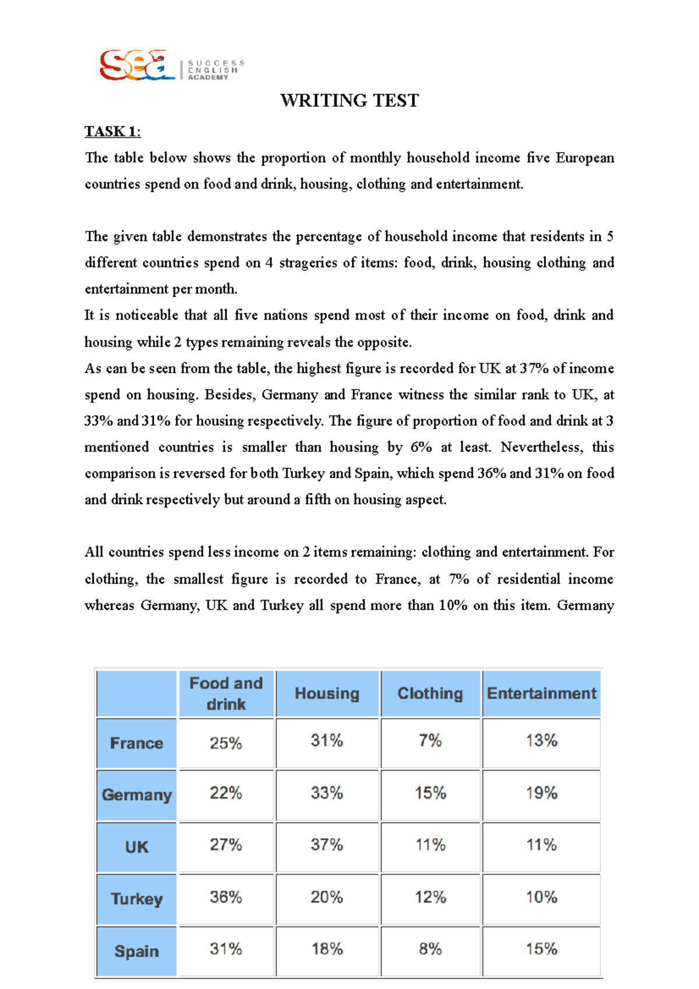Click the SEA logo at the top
pyautogui.click(x=137, y=65)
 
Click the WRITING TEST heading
pyautogui.click(x=349, y=100)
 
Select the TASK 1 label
pyautogui.click(x=112, y=132)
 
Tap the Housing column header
pyautogui.click(x=327, y=693)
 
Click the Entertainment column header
pyautogui.click(x=541, y=693)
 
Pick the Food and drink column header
pyautogui.click(x=226, y=693)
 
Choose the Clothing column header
pyautogui.click(x=430, y=693)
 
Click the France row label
pyautogui.click(x=136, y=743)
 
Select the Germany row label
pyautogui.click(x=136, y=795)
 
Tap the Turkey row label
pyautogui.click(x=136, y=899)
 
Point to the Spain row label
pyautogui.click(x=136, y=951)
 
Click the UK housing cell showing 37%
pyautogui.click(x=327, y=845)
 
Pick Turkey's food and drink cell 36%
pyautogui.click(x=226, y=897)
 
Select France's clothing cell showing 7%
pyautogui.click(x=430, y=741)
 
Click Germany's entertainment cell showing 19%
pyautogui.click(x=541, y=793)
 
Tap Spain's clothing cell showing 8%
pyautogui.click(x=430, y=949)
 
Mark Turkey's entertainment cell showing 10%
pyautogui.click(x=541, y=897)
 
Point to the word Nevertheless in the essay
pyautogui.click(x=542, y=447)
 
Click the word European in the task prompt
pyautogui.click(x=584, y=158)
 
